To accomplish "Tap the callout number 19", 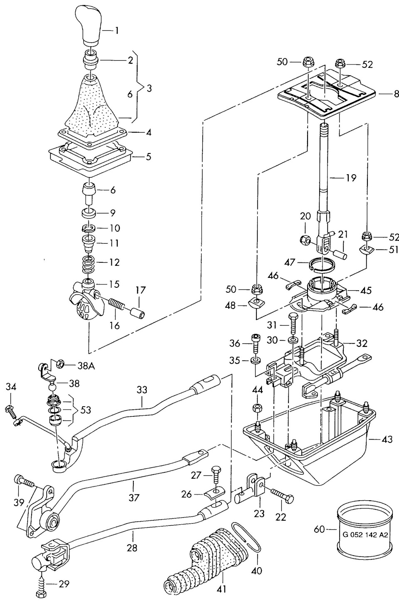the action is pyautogui.click(x=350, y=178).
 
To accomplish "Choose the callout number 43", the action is pyautogui.click(x=387, y=440).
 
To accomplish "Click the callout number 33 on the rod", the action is pyautogui.click(x=142, y=390).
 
